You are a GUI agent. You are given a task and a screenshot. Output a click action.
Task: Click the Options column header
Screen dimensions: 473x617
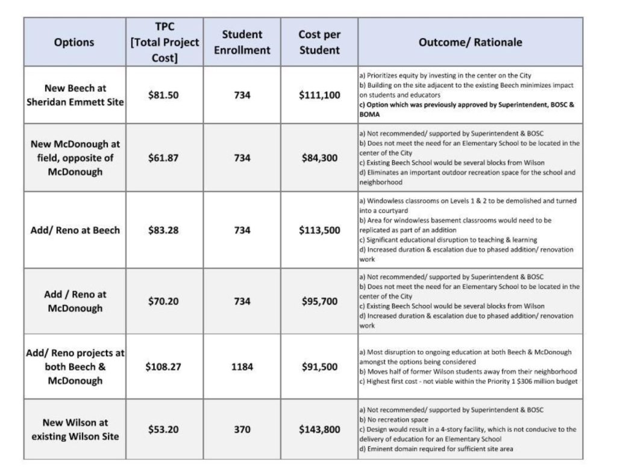[x=75, y=42]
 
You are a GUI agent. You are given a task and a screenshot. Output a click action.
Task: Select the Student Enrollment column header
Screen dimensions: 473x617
[x=242, y=42]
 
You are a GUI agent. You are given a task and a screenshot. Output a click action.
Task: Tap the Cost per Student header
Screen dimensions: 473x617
[x=319, y=42]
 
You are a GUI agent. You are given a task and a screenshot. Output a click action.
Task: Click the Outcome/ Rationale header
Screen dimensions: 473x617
[x=471, y=42]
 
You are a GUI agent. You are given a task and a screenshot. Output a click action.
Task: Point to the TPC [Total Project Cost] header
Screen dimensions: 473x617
[x=164, y=42]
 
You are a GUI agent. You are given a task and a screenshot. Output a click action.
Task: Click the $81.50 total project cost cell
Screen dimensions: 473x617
[x=163, y=95]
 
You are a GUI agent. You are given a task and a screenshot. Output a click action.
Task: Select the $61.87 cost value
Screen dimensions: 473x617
[x=163, y=158]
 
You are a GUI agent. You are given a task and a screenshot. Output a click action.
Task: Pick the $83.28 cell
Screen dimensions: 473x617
[x=163, y=230]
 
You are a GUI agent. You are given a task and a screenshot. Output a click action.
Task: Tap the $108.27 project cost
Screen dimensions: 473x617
[x=163, y=366]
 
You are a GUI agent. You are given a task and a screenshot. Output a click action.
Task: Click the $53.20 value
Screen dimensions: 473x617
[x=163, y=429]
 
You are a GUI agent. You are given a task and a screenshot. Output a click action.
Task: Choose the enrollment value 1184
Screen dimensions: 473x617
[x=242, y=366]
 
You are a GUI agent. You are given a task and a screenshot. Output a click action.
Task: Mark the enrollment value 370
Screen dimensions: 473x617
[x=242, y=429]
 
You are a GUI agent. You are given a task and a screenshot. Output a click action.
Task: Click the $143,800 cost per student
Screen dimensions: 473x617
[x=319, y=429]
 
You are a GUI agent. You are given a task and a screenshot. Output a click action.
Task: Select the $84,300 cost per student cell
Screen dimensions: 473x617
[x=319, y=158]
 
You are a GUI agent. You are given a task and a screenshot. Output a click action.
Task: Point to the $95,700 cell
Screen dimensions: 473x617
[x=319, y=301]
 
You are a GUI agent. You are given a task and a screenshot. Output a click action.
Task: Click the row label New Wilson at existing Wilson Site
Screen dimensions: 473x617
[x=75, y=429]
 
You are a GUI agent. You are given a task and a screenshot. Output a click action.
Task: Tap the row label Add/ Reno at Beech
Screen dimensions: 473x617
[x=75, y=230]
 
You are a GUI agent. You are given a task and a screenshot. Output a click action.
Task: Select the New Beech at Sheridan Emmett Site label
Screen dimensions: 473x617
[x=75, y=95]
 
